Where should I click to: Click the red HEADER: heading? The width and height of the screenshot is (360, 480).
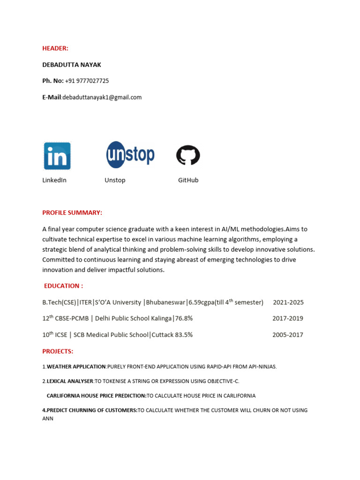click(x=55, y=48)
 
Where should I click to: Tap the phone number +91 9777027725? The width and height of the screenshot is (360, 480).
click(x=87, y=81)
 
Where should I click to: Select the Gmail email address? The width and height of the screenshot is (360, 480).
click(x=102, y=97)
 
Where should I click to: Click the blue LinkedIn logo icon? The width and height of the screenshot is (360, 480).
click(x=57, y=156)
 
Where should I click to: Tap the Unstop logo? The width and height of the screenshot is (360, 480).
click(x=130, y=155)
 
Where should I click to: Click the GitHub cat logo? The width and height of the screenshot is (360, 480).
click(x=188, y=155)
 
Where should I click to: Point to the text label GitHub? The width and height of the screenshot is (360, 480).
click(x=188, y=180)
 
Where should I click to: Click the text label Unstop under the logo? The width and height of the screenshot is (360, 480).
click(x=115, y=180)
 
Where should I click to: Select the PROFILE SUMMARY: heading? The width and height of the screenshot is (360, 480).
click(x=72, y=213)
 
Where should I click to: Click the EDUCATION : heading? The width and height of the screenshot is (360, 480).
click(x=63, y=286)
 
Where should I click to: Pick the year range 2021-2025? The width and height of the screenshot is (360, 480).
click(x=288, y=302)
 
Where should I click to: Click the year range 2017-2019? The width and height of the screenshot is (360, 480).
click(x=288, y=319)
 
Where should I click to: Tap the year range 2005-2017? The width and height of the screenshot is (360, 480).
click(x=288, y=335)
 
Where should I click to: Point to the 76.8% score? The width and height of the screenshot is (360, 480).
click(x=184, y=319)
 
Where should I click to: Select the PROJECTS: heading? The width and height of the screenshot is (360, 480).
click(x=58, y=351)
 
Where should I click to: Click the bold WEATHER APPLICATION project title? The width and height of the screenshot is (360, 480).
click(x=76, y=367)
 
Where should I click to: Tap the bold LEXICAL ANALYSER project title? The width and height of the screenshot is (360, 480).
click(x=70, y=381)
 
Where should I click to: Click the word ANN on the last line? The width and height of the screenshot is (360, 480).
click(x=48, y=419)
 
